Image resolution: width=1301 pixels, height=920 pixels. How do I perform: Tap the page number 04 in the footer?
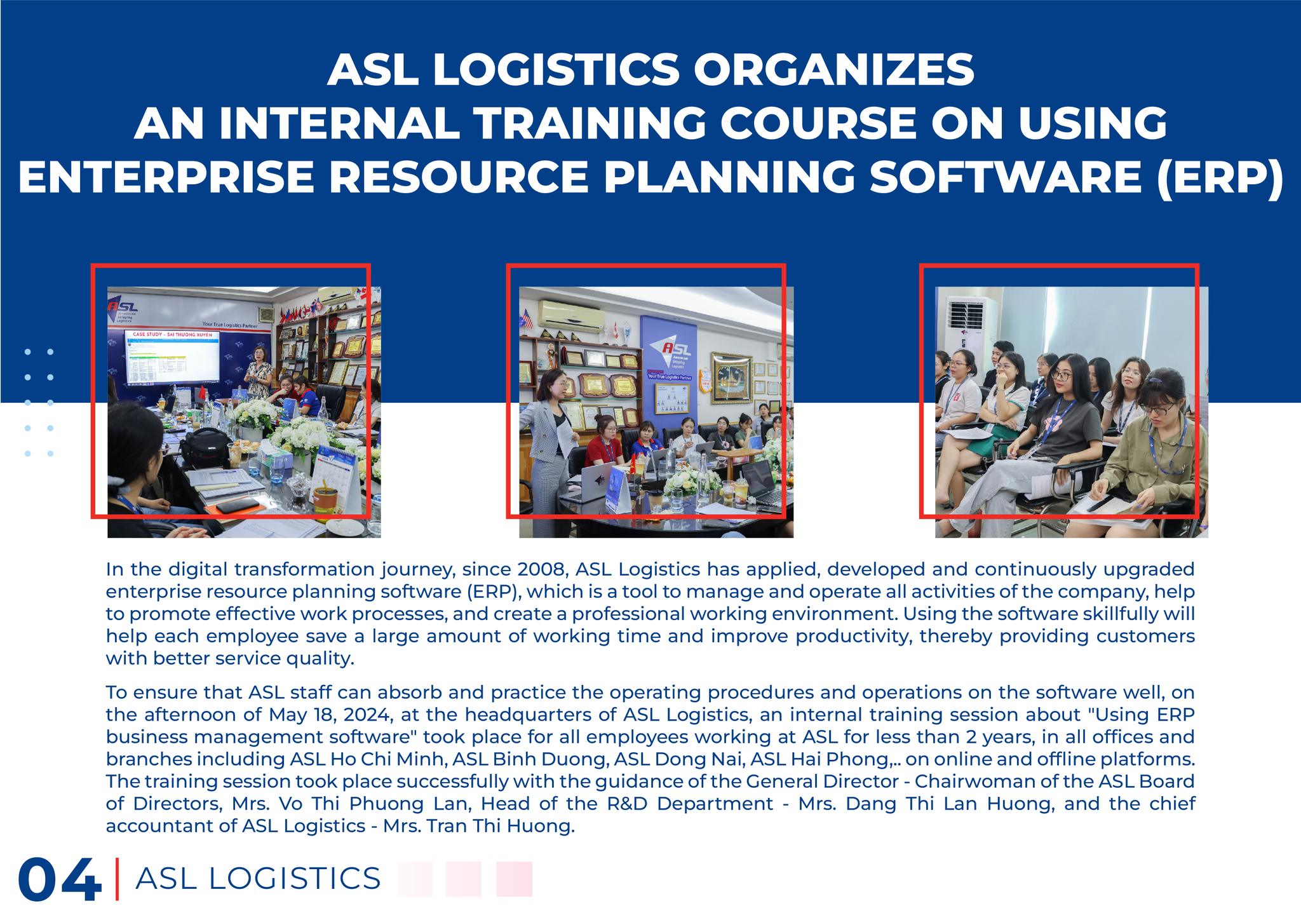(60, 881)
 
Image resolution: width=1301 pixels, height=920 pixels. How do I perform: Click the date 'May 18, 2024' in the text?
(331, 715)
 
